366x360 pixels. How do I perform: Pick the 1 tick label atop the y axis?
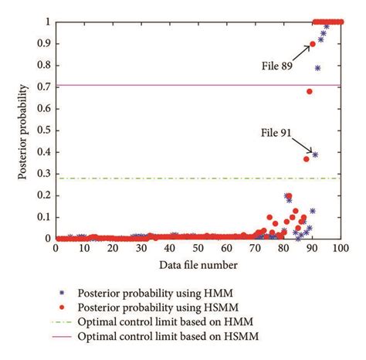click(49, 22)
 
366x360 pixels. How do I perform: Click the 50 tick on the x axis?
click(198, 250)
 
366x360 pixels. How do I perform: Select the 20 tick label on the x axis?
click(113, 250)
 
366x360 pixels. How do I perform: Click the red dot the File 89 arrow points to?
click(313, 44)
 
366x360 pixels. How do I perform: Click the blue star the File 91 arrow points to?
click(315, 155)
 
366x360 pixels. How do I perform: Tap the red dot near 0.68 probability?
click(310, 92)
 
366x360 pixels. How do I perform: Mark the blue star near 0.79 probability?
click(318, 68)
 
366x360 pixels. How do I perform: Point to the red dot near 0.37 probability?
click(307, 159)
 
